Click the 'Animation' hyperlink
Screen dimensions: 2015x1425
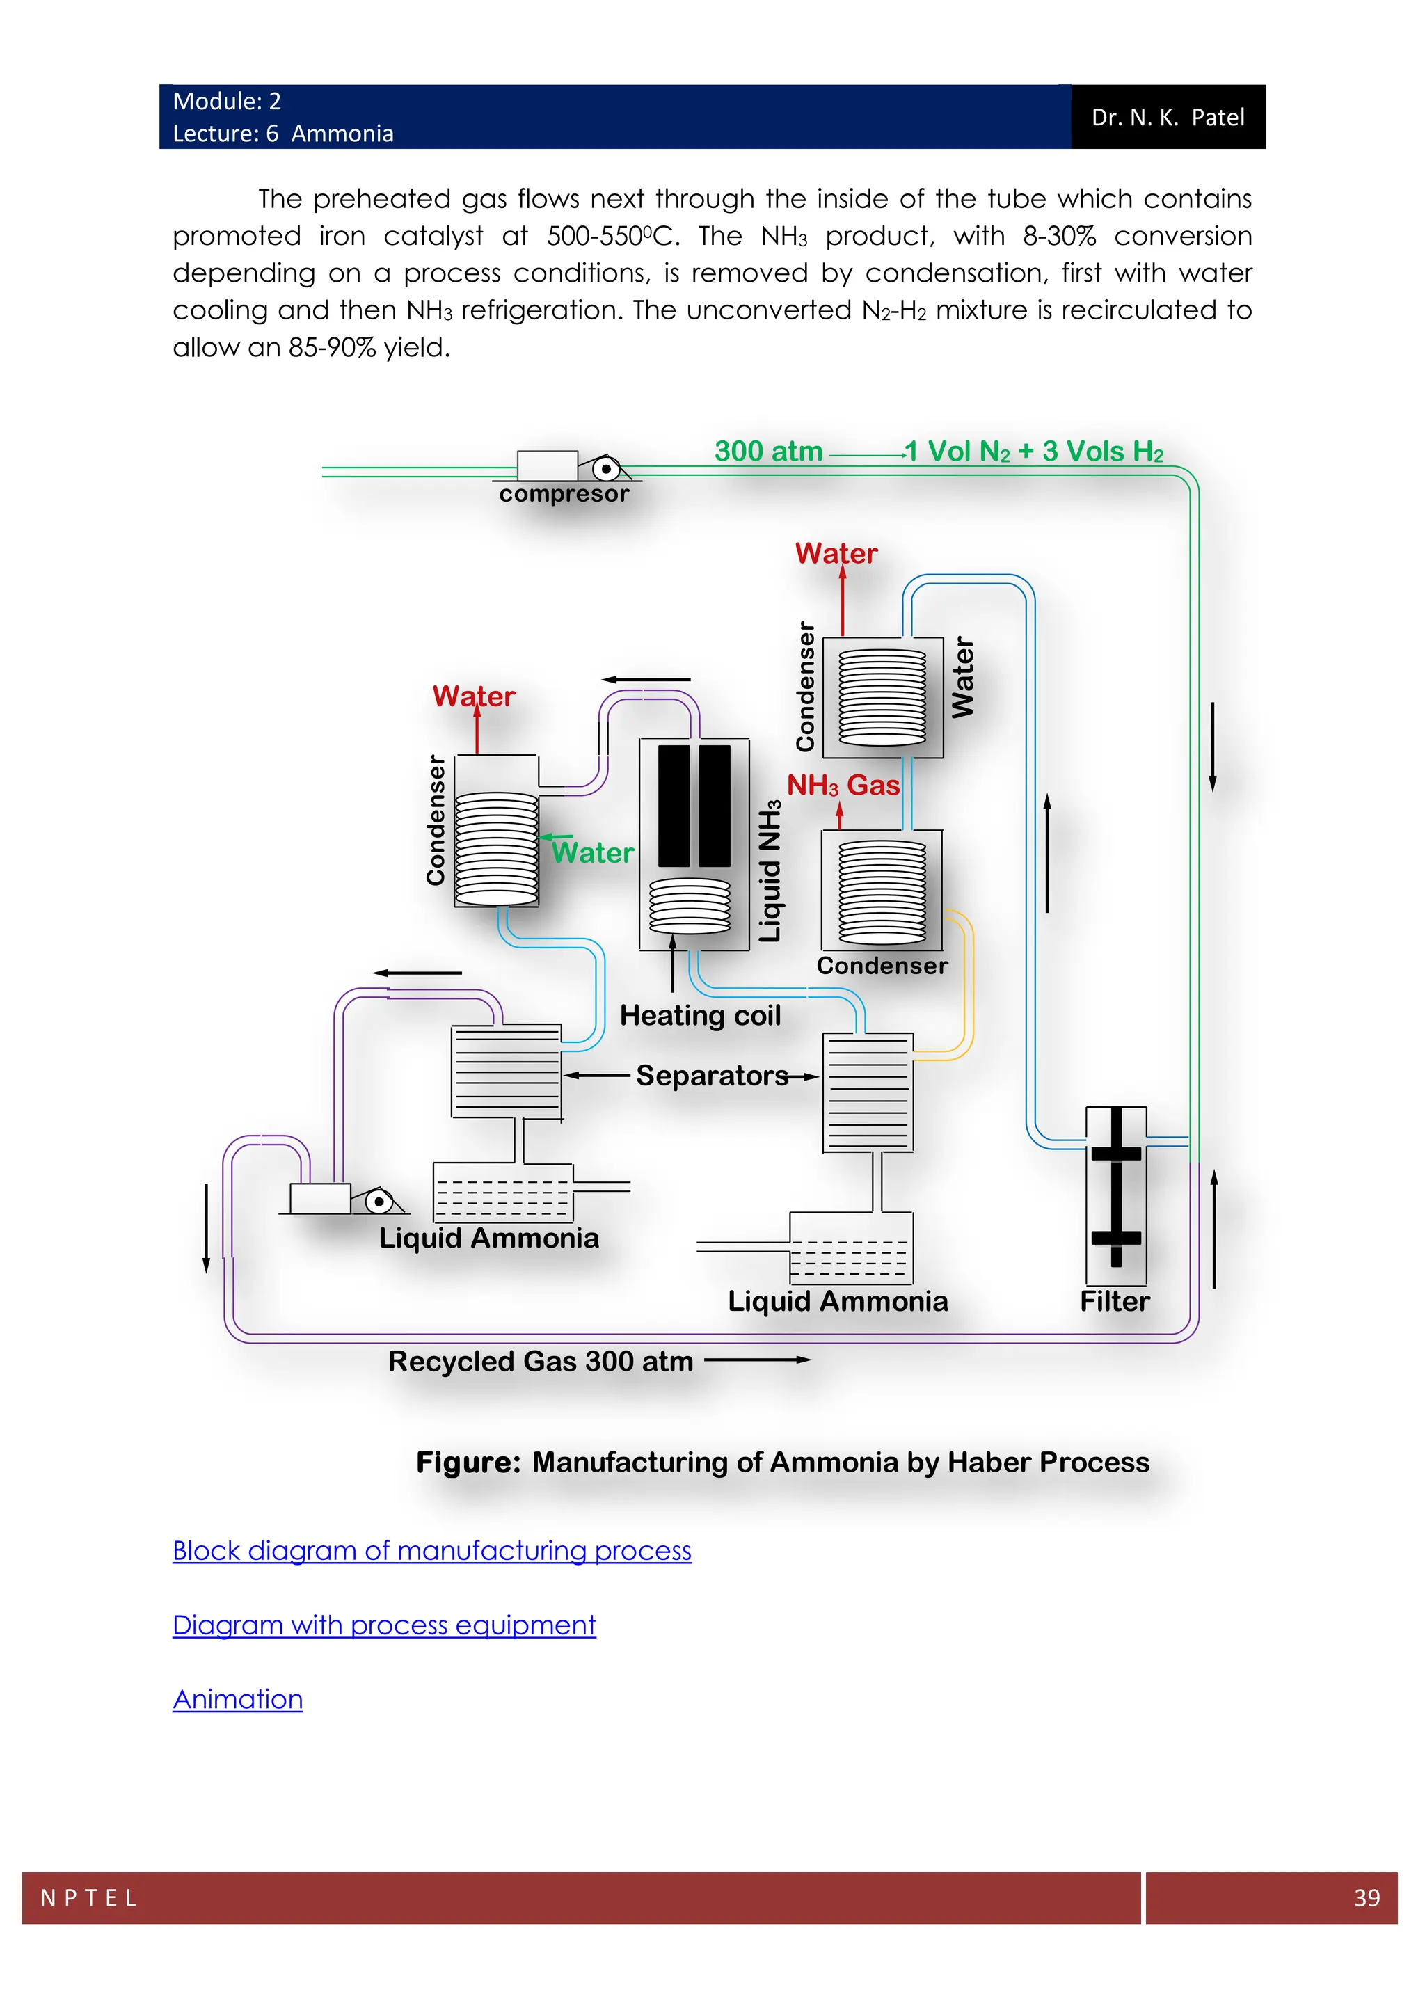(238, 1699)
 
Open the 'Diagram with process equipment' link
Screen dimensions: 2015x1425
(383, 1625)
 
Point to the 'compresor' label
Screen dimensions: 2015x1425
(564, 494)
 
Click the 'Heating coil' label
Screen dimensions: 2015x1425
(699, 1015)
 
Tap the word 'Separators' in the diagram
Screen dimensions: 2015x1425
(712, 1076)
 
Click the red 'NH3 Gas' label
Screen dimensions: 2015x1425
(843, 785)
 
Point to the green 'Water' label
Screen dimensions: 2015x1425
(592, 853)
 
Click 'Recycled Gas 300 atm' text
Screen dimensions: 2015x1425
(541, 1361)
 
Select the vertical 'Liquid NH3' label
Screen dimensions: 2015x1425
(770, 871)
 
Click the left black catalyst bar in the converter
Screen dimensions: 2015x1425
(674, 806)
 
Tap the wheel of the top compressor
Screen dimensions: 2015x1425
(605, 470)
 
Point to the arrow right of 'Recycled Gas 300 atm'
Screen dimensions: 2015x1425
(758, 1360)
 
